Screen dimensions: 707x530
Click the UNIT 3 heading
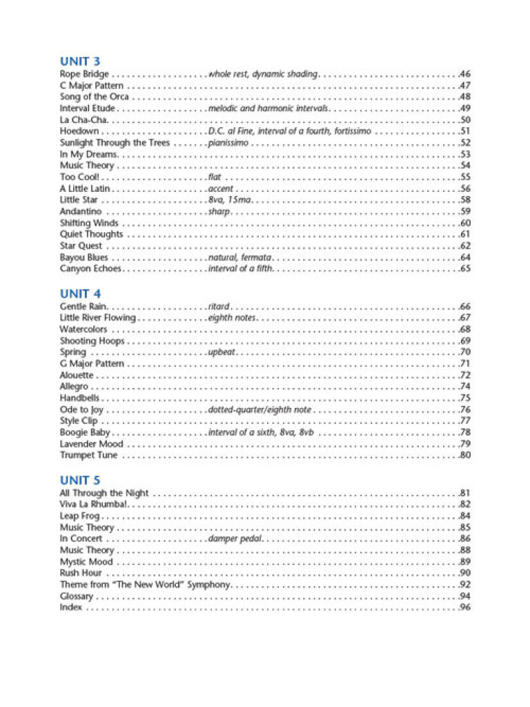click(79, 61)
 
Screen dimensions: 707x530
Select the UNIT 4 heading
click(79, 293)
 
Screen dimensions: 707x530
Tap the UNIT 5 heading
click(79, 481)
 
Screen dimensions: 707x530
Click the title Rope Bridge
click(84, 74)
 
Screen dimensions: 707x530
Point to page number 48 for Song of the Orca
click(465, 97)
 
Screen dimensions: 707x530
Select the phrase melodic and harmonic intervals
click(268, 108)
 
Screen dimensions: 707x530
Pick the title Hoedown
click(79, 131)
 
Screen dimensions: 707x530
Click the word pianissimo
click(228, 143)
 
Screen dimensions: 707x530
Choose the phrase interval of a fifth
click(240, 269)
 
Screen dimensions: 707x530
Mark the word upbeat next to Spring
click(222, 352)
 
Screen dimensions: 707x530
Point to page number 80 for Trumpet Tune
click(465, 455)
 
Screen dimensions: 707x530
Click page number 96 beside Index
click(465, 608)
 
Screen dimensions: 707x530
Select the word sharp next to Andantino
click(219, 211)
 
